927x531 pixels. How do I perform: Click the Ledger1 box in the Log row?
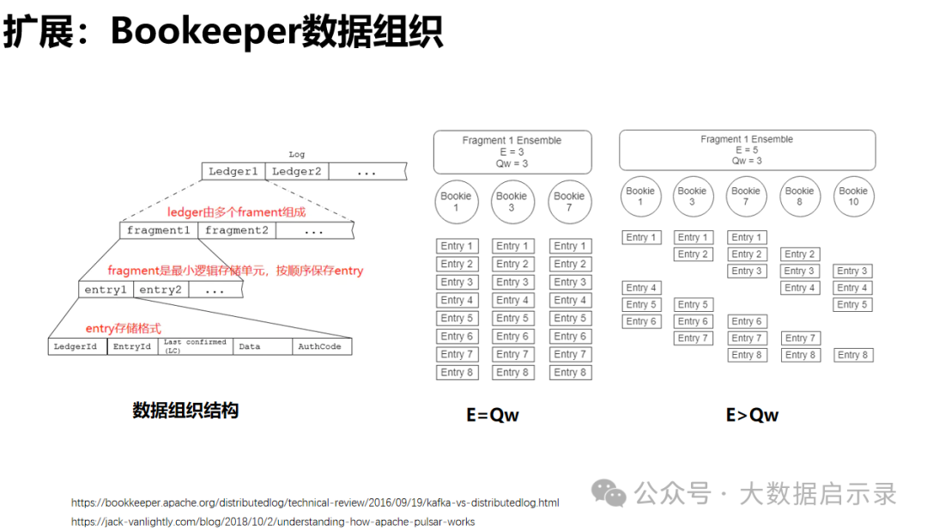click(233, 171)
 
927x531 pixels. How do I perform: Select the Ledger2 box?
click(297, 171)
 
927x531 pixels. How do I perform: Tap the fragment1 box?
click(159, 230)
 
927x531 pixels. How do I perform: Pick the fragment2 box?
click(237, 230)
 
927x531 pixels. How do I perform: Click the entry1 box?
click(106, 290)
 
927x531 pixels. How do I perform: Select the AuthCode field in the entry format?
click(322, 346)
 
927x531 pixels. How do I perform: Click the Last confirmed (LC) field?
click(195, 346)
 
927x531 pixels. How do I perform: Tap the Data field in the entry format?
click(263, 346)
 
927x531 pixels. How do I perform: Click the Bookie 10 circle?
click(853, 196)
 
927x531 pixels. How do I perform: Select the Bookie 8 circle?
click(799, 196)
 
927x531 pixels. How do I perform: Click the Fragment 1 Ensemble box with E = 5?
click(748, 150)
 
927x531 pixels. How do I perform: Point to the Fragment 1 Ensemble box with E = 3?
click(512, 152)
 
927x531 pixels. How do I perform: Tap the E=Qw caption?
click(493, 415)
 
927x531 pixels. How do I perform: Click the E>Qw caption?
click(752, 415)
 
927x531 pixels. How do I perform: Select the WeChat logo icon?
click(609, 493)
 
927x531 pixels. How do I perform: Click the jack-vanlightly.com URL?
click(273, 522)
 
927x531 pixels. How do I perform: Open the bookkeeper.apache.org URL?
click(315, 503)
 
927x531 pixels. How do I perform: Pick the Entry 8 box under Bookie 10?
click(852, 355)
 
